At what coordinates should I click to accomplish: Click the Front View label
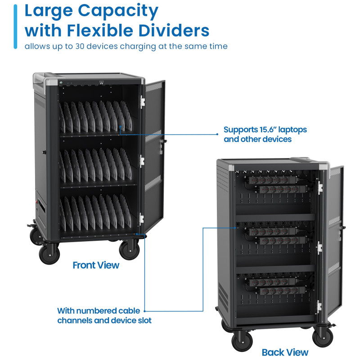[96, 265]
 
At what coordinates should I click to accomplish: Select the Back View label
[285, 352]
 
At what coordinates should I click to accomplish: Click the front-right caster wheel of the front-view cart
[129, 250]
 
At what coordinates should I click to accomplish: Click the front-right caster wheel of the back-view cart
[322, 337]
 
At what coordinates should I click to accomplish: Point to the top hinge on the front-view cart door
[142, 101]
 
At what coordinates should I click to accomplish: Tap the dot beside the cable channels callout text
[145, 310]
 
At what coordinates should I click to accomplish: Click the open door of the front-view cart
[153, 148]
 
